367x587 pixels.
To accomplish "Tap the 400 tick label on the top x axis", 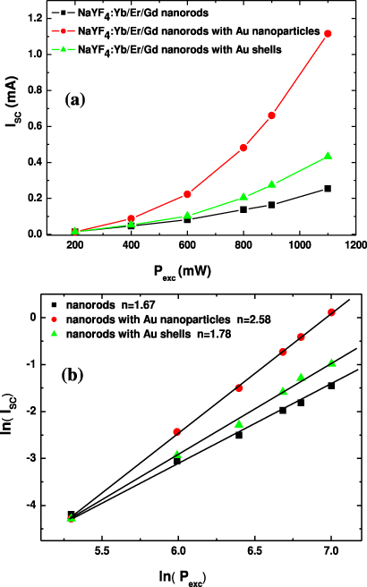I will [132, 246].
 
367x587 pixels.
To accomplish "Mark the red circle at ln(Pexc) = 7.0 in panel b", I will [331, 312].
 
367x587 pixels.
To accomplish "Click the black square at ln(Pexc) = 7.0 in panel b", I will [331, 386].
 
